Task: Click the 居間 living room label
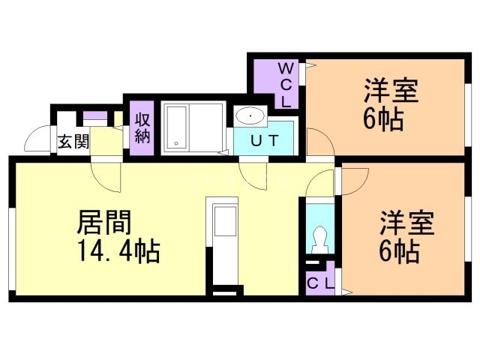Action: click(x=105, y=222)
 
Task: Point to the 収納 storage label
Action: click(x=142, y=128)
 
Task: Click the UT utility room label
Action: click(x=265, y=140)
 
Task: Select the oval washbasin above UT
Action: click(x=248, y=116)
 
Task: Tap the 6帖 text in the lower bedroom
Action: click(x=397, y=252)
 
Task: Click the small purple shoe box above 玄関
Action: click(x=94, y=116)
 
